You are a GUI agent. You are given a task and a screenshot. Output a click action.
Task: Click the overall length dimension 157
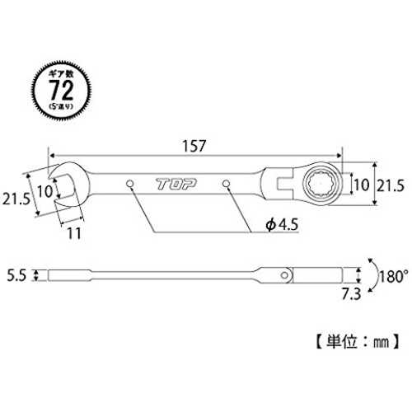tap(194, 146)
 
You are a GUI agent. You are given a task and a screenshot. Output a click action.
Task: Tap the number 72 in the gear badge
tap(61, 90)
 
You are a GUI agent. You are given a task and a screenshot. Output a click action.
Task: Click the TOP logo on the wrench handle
tap(176, 184)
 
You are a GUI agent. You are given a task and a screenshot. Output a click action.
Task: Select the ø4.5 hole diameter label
tap(282, 225)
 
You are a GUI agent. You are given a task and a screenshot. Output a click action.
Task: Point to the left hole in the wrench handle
tap(130, 183)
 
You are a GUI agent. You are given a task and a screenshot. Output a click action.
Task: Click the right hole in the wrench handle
tap(226, 183)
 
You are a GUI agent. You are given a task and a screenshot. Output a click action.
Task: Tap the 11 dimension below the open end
tap(74, 234)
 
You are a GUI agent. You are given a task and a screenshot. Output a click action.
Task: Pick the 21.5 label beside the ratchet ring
tap(391, 185)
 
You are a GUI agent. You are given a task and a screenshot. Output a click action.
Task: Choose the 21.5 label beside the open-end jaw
tap(16, 199)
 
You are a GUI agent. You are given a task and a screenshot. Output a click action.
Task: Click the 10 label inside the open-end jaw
tap(44, 191)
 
